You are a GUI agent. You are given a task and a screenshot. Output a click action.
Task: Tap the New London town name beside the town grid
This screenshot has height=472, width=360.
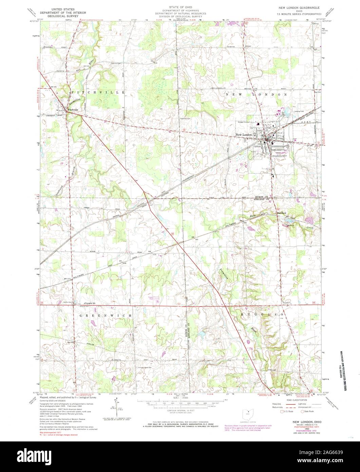click(x=244, y=135)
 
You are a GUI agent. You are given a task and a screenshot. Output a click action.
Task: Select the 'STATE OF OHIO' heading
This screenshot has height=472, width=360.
click(x=180, y=7)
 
